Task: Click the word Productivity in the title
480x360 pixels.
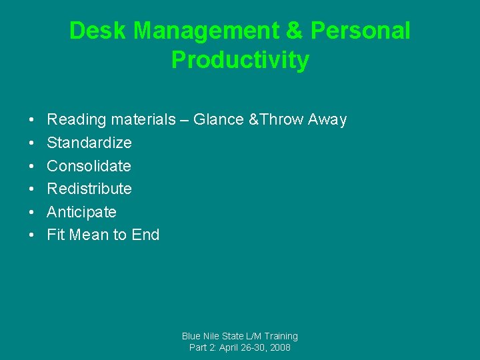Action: (x=240, y=60)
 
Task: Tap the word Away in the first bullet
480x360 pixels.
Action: (x=327, y=120)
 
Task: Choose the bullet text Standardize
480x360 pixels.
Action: (x=89, y=143)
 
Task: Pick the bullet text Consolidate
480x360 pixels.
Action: (x=89, y=166)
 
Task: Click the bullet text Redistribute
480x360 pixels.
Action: (x=89, y=189)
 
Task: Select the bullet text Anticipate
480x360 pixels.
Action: (x=81, y=212)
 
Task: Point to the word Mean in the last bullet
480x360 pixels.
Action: (x=89, y=235)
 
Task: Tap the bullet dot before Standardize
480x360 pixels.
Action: (x=32, y=143)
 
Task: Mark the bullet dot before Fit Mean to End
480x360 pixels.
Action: (x=32, y=235)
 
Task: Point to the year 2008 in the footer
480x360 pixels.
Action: (x=280, y=347)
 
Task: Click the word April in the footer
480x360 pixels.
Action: (x=231, y=347)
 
